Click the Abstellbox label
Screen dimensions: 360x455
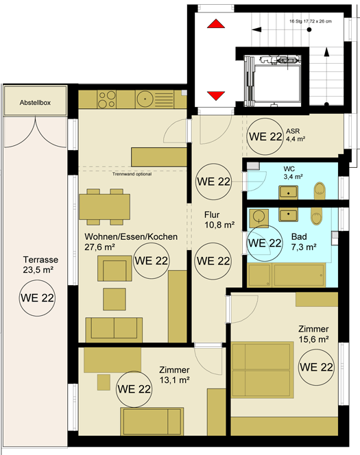click(35, 102)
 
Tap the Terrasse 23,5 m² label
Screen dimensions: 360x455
click(38, 265)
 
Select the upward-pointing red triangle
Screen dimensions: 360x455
click(216, 24)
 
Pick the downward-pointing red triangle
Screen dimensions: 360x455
click(216, 96)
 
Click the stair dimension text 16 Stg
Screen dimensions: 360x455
click(311, 21)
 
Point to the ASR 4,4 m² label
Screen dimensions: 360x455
click(296, 135)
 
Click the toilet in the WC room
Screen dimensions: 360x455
click(320, 190)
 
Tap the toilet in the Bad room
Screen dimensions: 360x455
click(316, 216)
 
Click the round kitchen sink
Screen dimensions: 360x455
click(145, 99)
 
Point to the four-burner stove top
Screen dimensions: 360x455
click(107, 99)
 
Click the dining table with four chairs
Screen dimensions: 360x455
click(104, 207)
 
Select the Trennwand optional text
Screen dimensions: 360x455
click(132, 174)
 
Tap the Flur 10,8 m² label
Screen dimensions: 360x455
click(219, 220)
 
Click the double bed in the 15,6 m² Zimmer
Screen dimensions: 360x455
click(263, 370)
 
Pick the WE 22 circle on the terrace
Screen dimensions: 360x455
click(37, 298)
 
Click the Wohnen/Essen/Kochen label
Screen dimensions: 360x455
click(131, 237)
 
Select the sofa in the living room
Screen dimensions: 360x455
click(114, 330)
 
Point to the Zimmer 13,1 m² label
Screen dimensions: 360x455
click(174, 375)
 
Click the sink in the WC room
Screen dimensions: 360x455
click(288, 193)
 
